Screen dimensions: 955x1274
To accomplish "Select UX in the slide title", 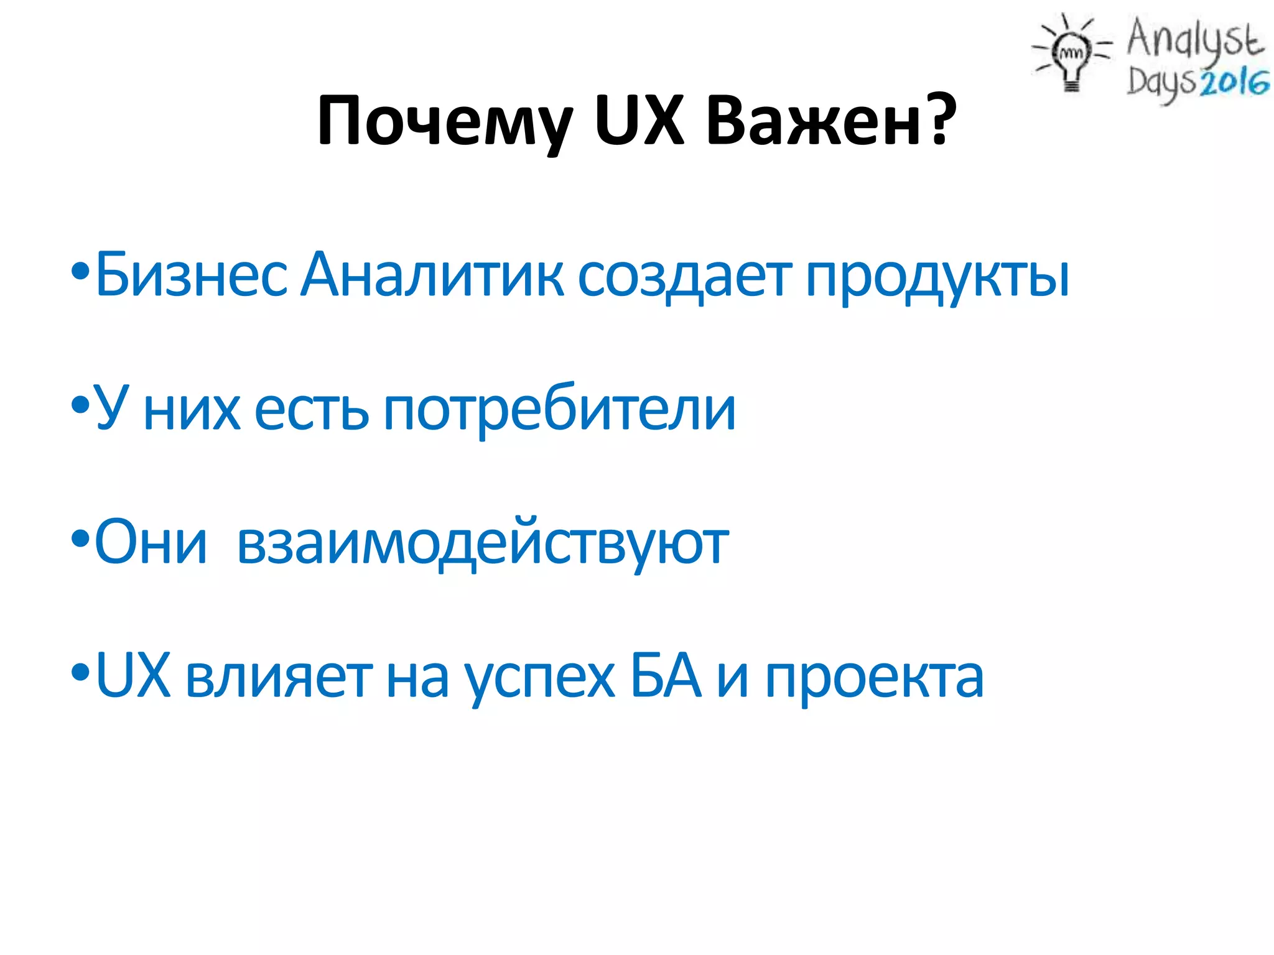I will tap(639, 121).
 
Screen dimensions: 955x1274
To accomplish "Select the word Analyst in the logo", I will tap(1194, 39).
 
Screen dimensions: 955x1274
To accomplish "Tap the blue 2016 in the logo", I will tap(1234, 82).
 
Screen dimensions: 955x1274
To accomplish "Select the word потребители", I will tap(559, 410).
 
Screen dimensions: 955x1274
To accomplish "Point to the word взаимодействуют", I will tap(483, 545).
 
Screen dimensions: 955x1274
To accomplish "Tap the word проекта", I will tap(874, 679).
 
